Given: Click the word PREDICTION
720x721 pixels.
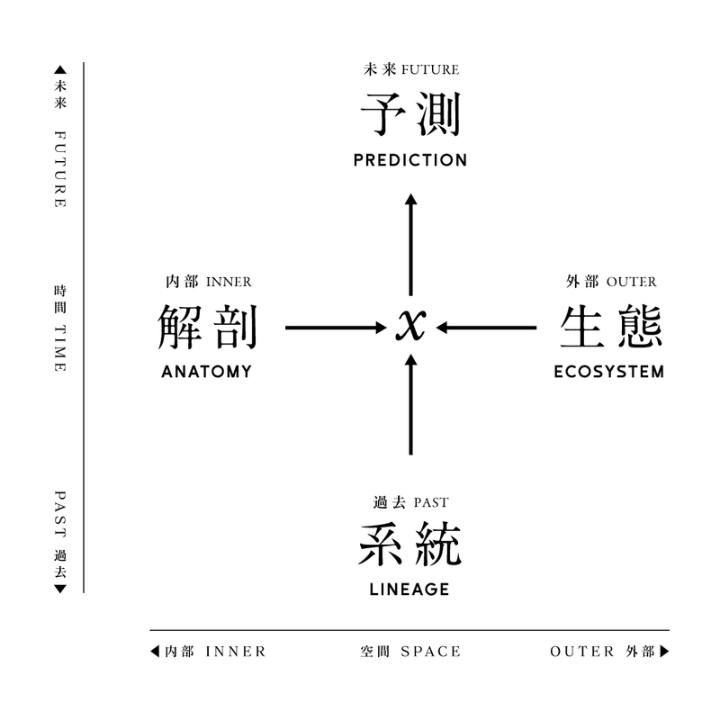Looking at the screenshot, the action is [x=410, y=160].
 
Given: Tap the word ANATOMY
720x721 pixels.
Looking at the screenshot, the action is [x=207, y=372].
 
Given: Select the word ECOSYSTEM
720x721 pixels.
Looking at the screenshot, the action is [x=609, y=372].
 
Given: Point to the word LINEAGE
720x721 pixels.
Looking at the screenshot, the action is [x=409, y=590].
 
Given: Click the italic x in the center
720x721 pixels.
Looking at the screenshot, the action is [x=410, y=325].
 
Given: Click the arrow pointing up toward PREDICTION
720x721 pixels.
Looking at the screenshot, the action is [x=410, y=245].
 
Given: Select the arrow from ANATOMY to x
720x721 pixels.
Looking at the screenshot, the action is [x=336, y=328].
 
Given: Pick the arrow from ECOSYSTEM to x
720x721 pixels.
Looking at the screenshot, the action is [x=486, y=328].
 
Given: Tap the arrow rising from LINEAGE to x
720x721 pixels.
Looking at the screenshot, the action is [x=410, y=404].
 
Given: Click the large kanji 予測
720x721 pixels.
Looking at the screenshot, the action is [x=410, y=114].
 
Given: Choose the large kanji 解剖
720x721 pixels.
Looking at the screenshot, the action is [x=207, y=327].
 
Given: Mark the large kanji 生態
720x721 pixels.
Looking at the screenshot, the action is [x=611, y=327].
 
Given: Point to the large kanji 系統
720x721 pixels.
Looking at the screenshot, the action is [x=410, y=544].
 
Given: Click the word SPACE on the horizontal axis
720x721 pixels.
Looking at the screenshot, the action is [x=431, y=652].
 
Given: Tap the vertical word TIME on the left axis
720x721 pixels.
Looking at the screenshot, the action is [x=60, y=348].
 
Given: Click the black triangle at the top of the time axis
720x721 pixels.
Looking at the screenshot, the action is [x=60, y=70].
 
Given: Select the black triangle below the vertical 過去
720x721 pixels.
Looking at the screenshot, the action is [x=60, y=589].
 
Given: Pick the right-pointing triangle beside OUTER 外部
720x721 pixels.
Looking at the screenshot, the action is [x=665, y=652].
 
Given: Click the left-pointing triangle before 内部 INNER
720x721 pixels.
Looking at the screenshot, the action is [x=155, y=652].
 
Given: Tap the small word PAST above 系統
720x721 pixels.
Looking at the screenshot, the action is [x=431, y=502].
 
